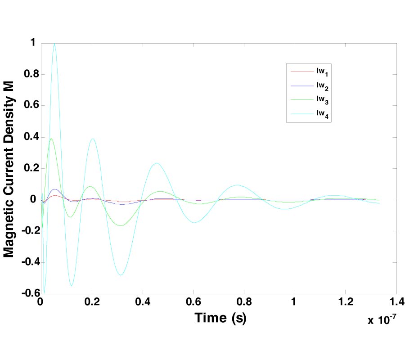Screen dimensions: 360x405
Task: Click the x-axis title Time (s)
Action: point(220,318)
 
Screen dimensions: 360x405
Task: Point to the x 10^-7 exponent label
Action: point(382,320)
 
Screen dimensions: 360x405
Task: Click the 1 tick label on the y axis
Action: point(31,43)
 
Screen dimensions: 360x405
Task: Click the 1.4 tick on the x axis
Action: point(396,301)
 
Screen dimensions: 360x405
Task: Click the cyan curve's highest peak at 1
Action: point(54,44)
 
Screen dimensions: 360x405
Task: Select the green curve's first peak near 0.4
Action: point(51,139)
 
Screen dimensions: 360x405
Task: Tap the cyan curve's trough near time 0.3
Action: point(121,275)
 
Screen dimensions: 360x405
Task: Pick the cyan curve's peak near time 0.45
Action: point(156,163)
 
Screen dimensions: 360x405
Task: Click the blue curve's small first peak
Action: point(55,189)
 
